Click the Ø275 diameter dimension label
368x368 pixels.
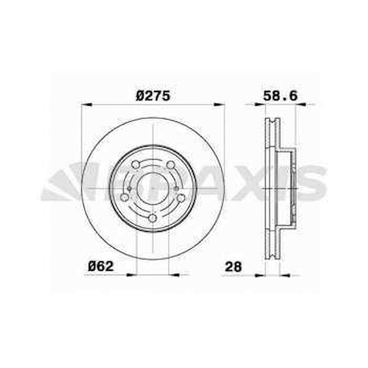point(153,96)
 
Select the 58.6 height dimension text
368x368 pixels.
point(280,96)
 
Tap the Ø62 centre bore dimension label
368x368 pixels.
point(101,266)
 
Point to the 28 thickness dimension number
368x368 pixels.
point(233,267)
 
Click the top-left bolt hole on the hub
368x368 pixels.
point(135,164)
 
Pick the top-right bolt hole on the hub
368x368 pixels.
point(170,165)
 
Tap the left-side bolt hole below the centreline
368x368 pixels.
point(125,197)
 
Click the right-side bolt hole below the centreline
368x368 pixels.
point(181,198)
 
